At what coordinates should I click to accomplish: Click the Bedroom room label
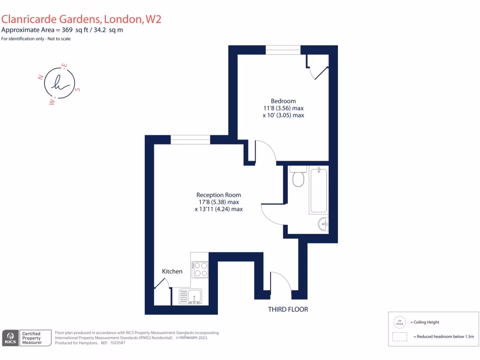[x=283, y=101]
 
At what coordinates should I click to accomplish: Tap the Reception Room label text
[x=218, y=195]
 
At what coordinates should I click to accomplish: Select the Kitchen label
[x=172, y=271]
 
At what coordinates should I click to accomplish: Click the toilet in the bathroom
[x=298, y=177]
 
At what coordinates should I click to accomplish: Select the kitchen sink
[x=190, y=297]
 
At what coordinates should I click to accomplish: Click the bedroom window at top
[x=283, y=50]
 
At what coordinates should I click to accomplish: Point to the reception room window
[x=190, y=139]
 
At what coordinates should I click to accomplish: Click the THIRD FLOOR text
[x=288, y=309]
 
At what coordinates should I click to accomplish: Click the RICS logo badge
[x=10, y=338]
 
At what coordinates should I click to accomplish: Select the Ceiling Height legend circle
[x=399, y=322]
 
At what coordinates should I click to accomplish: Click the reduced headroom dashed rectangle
[x=399, y=337]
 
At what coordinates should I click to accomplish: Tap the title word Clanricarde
[x=32, y=19]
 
